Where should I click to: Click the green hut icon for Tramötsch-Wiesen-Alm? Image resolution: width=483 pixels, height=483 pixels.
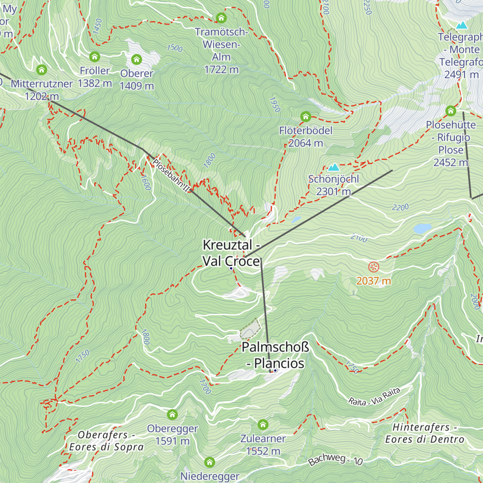(221, 18)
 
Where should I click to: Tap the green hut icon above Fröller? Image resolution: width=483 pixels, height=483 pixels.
(95, 56)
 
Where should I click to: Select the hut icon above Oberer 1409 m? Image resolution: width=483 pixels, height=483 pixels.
(136, 60)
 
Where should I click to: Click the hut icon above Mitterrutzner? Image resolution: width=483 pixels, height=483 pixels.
(41, 70)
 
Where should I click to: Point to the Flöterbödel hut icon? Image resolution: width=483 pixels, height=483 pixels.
(305, 117)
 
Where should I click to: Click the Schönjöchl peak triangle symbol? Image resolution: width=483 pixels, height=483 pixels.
(333, 167)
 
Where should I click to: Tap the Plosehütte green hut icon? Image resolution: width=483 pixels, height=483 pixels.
(450, 111)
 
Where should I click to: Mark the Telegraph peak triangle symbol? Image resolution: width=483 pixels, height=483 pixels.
(462, 25)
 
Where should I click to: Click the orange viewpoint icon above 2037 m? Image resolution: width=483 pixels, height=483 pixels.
(374, 266)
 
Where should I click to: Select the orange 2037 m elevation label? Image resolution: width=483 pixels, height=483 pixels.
(374, 281)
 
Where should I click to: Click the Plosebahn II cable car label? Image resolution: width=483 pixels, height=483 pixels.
(171, 175)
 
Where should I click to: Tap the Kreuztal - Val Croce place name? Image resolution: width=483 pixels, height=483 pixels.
(231, 253)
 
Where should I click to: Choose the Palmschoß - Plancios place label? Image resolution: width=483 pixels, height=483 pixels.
(275, 355)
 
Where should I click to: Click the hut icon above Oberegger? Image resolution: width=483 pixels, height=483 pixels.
(172, 414)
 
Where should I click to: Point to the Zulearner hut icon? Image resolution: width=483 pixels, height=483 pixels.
(263, 425)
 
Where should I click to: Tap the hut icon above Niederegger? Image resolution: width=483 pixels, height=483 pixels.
(210, 462)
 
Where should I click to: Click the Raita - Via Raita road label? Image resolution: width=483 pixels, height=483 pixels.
(374, 396)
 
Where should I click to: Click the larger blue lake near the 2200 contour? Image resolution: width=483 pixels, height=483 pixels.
(422, 229)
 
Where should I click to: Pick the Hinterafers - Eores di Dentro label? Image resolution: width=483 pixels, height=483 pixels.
(425, 433)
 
